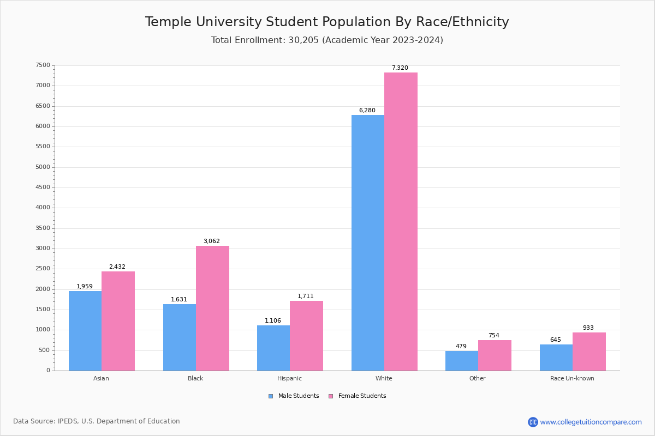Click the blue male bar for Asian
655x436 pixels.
click(x=85, y=331)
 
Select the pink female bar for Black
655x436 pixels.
click(x=212, y=308)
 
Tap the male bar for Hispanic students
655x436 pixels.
click(x=273, y=348)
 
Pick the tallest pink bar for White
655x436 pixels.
click(x=401, y=221)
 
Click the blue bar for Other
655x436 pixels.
click(x=462, y=361)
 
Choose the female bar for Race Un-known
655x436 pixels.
click(x=589, y=352)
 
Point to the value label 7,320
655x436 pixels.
click(x=400, y=68)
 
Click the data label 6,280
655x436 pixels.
click(x=367, y=111)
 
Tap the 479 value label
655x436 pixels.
click(x=461, y=347)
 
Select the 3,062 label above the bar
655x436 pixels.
click(x=212, y=241)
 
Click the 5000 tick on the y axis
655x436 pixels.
click(x=43, y=167)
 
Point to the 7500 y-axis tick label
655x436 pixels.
click(x=43, y=65)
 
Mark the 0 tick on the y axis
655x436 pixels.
click(x=48, y=371)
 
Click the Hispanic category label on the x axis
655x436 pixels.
click(x=289, y=378)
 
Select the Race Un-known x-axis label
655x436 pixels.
click(x=572, y=378)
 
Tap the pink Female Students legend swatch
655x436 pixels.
click(x=331, y=396)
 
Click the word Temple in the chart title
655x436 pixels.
click(x=168, y=22)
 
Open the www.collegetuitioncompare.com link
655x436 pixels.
click(x=591, y=422)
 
